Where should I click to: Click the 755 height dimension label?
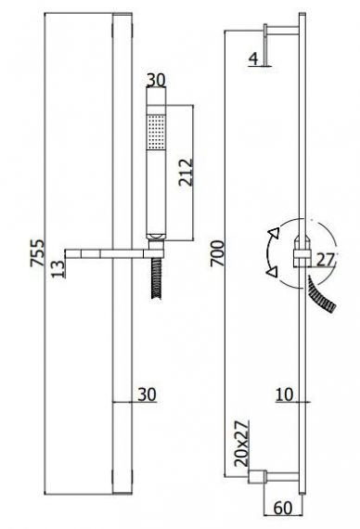[x=37, y=252]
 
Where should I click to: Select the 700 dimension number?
[x=217, y=253]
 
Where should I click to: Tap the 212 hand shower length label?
[x=186, y=172]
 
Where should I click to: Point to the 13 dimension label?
[x=58, y=269]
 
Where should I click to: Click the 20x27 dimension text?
[x=241, y=444]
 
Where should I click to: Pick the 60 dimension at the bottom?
[x=283, y=508]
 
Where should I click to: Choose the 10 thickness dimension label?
[x=285, y=394]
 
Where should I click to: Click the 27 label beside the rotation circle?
[x=326, y=259]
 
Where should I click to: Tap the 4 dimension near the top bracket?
[x=253, y=59]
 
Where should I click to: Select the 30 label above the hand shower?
[x=156, y=80]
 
